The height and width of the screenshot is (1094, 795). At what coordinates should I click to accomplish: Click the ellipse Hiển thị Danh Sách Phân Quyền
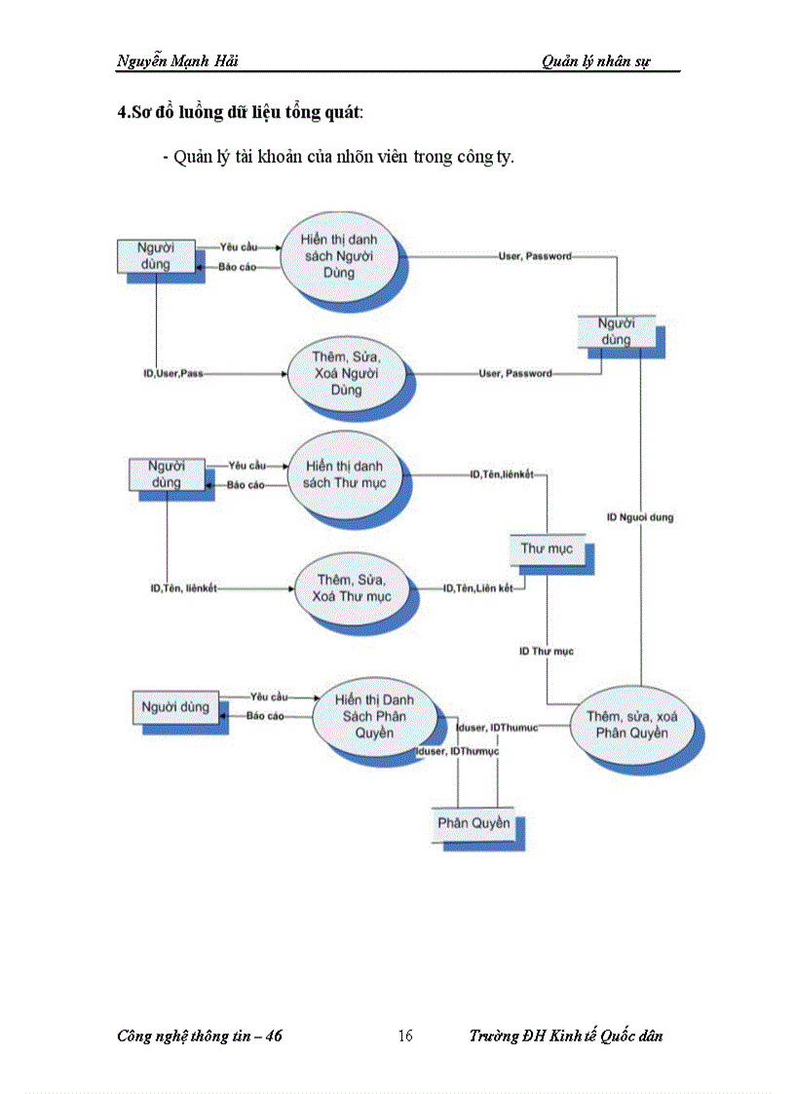coord(373,717)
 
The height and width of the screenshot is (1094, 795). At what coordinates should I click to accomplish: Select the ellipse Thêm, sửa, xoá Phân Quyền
coord(631,725)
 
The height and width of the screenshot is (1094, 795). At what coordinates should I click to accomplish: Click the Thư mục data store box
coord(546,549)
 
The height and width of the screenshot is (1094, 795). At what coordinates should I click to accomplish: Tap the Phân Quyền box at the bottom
coord(473,823)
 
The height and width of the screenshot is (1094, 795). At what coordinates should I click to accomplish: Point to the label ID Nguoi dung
coord(640,517)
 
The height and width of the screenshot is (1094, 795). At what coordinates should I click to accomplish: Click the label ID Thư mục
coord(546,651)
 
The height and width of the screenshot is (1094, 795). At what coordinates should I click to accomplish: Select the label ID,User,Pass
coord(172,373)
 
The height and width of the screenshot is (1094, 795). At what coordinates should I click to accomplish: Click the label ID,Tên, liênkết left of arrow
coord(183,588)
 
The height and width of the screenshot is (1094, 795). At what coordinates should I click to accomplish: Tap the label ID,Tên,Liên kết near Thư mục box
coord(477,588)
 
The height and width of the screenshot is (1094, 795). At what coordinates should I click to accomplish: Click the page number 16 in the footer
coord(405,1036)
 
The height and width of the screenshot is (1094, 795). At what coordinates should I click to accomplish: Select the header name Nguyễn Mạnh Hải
coord(177,61)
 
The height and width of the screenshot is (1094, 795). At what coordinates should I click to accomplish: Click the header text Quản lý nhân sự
coord(596,61)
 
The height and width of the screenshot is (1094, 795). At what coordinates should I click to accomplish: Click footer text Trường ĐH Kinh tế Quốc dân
coord(565,1036)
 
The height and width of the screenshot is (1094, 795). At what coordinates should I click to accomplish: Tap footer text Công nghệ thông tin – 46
coord(200,1036)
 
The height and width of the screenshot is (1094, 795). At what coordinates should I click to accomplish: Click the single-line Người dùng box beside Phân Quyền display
coord(175,707)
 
